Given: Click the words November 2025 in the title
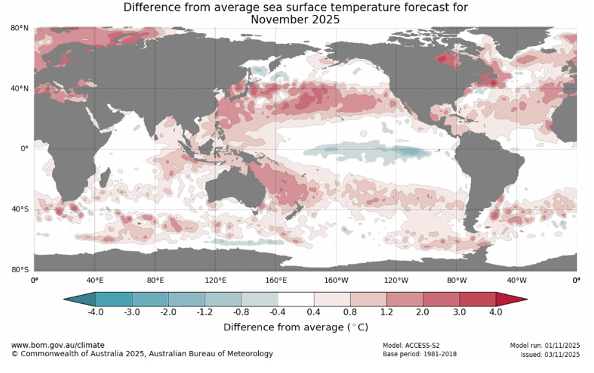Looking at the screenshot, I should [x=295, y=19].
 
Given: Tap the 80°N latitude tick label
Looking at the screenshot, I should [x=19, y=28].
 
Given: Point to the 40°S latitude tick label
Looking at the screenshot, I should [x=19, y=209].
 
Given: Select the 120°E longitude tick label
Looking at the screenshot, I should [x=215, y=281].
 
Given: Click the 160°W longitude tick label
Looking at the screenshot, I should [x=336, y=281].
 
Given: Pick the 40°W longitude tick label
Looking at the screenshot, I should [x=517, y=281].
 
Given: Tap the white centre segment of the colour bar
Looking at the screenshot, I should [x=296, y=299].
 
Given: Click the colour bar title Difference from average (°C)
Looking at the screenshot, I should [x=296, y=327].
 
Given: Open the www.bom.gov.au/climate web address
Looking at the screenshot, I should [x=57, y=345].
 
